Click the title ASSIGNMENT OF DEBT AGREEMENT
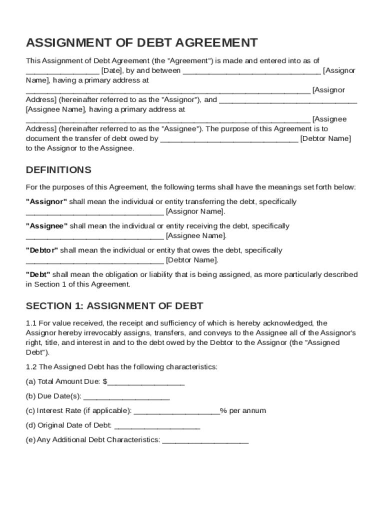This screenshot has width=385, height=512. click(x=142, y=42)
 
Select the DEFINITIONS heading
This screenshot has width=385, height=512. click(x=58, y=170)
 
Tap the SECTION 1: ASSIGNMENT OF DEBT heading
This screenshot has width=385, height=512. click(x=114, y=306)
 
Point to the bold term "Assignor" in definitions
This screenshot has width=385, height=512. click(x=46, y=202)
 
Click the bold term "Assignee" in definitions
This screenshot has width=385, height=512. click(x=46, y=226)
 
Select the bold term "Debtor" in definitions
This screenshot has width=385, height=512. click(x=42, y=250)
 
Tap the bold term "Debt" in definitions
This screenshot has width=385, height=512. click(x=38, y=274)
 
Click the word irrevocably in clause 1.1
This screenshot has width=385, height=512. click(x=96, y=333)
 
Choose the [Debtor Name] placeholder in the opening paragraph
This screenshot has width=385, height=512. click(x=326, y=138)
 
